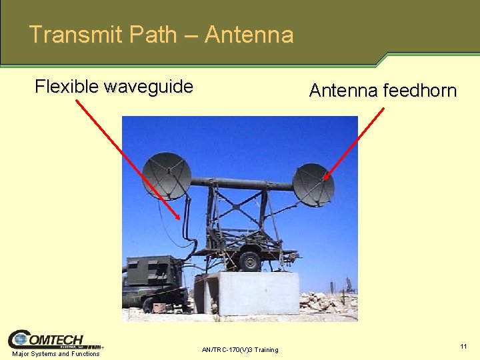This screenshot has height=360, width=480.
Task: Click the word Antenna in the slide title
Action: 249,34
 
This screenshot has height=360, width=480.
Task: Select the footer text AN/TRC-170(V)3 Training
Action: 240,349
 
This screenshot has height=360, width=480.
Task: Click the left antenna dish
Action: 167,175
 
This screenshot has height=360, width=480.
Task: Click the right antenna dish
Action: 313,184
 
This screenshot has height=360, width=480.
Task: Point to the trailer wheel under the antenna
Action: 250,259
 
